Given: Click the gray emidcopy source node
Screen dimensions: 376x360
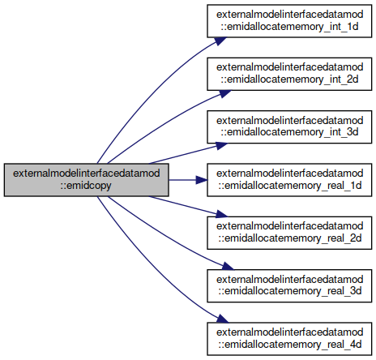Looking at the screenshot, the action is (x=87, y=180).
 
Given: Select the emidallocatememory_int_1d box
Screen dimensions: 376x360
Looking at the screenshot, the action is (x=289, y=21).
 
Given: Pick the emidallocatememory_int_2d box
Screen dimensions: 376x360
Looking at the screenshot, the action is (x=289, y=74).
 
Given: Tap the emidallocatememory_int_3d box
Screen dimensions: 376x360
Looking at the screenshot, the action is (x=289, y=126).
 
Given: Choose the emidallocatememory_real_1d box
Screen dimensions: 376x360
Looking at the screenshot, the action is (x=289, y=180).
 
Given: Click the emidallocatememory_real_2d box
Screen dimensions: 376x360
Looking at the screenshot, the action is (x=289, y=233).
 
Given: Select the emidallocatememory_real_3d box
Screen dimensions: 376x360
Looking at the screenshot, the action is (x=289, y=285).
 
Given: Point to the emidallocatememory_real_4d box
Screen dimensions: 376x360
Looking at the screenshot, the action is (x=289, y=339).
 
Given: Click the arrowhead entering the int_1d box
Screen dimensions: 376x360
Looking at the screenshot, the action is (x=220, y=41).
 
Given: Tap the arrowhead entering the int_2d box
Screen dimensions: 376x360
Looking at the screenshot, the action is (x=224, y=94).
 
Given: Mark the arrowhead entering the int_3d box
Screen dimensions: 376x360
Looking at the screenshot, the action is (x=221, y=146).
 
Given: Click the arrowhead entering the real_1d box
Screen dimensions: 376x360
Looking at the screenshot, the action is (x=202, y=180).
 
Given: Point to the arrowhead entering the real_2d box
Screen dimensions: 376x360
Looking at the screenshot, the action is (x=221, y=214).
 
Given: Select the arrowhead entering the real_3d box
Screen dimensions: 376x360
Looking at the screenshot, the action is (x=228, y=266).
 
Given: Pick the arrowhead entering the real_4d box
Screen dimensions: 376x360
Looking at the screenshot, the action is (x=222, y=319).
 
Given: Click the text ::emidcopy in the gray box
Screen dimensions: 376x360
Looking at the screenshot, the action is (x=86, y=186).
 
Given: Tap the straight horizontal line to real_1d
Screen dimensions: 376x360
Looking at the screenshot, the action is (x=182, y=180).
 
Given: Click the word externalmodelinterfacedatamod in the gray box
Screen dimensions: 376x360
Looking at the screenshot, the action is (x=87, y=174).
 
